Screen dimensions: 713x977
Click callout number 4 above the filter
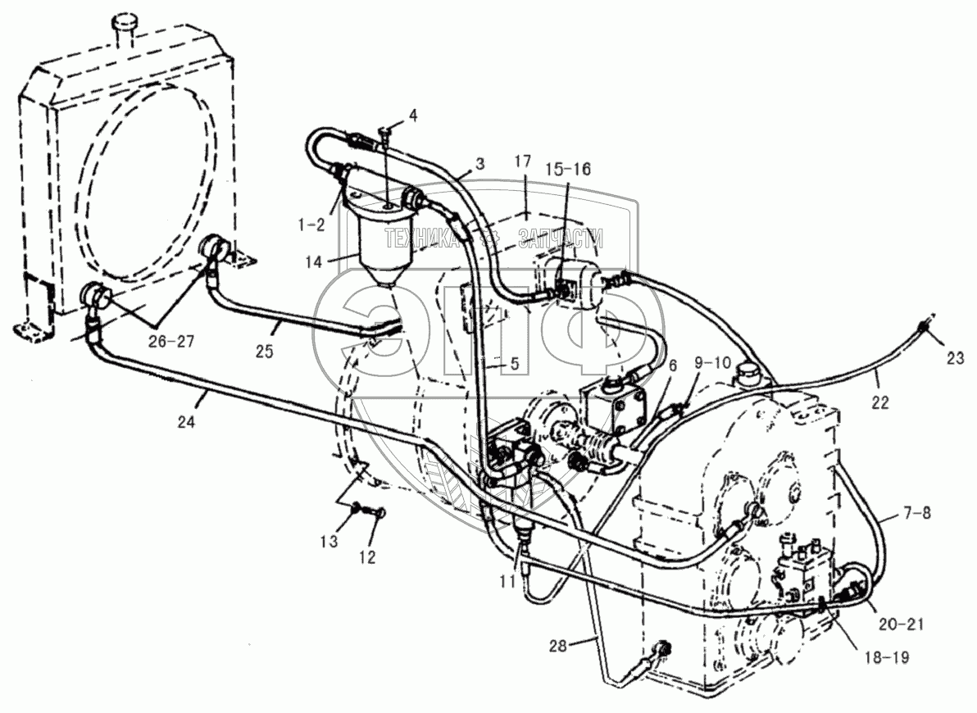[x=413, y=116]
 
